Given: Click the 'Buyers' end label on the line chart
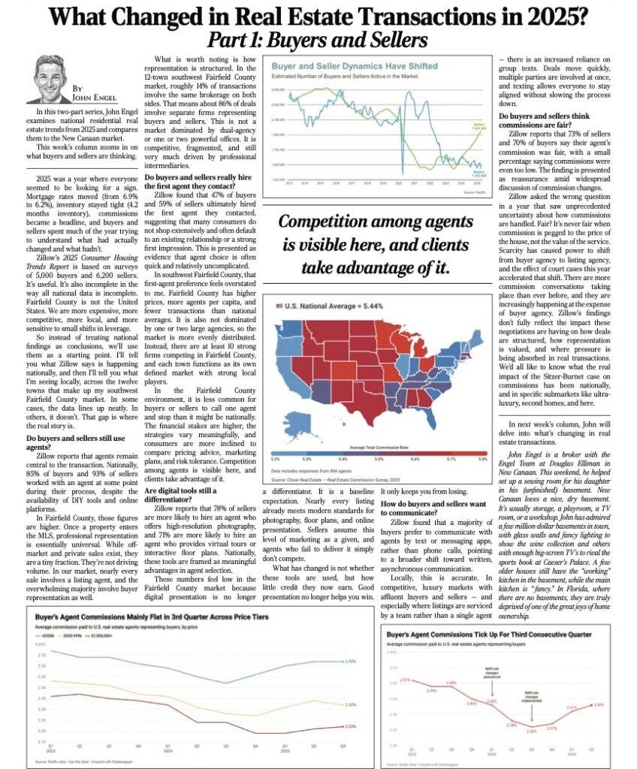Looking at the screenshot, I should [x=478, y=170].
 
